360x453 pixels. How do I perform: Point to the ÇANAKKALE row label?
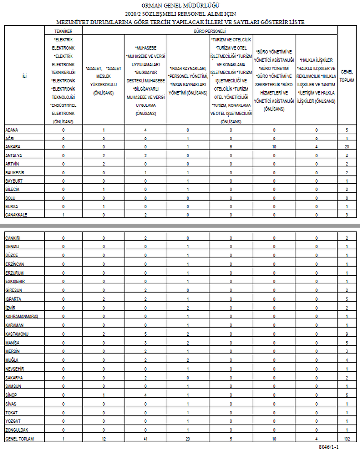point(16,215)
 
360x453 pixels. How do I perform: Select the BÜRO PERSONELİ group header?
point(210,31)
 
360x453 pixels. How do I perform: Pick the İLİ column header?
point(24,76)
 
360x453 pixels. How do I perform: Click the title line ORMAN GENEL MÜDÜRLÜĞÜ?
point(180,5)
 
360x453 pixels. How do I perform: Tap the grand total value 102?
point(347,438)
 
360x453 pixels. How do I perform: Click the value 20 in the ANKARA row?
point(347,146)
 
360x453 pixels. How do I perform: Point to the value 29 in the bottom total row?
point(188,438)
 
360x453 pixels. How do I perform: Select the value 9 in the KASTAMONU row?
point(347,334)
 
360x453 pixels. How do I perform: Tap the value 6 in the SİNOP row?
point(347,395)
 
